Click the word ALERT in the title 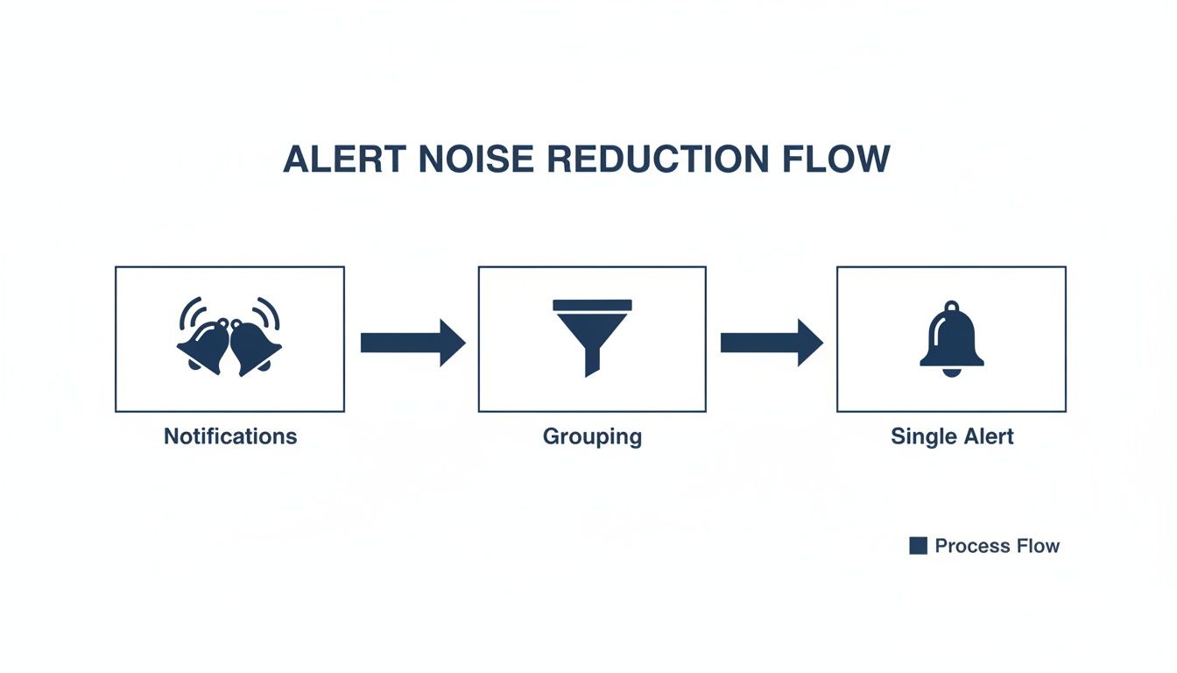pos(344,159)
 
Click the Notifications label pos(230,436)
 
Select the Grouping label pos(592,436)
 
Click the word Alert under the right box pos(986,436)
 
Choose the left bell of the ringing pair pos(205,345)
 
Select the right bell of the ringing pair pos(255,345)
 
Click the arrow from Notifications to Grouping pos(412,342)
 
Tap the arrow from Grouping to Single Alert pos(772,342)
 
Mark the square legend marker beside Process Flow pos(918,546)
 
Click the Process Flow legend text pos(997,546)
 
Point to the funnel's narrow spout pos(592,364)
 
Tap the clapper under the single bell pos(952,372)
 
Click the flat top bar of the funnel pos(592,305)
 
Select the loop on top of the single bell pos(952,306)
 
